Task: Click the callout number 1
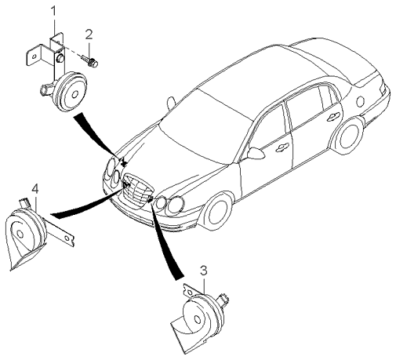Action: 53,12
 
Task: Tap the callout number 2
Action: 89,35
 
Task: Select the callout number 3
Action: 204,271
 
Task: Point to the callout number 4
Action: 35,189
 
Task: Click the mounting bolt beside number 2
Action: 90,60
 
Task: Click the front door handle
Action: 282,147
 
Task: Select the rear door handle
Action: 334,116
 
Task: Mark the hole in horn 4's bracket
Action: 67,238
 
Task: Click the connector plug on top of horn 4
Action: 24,202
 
